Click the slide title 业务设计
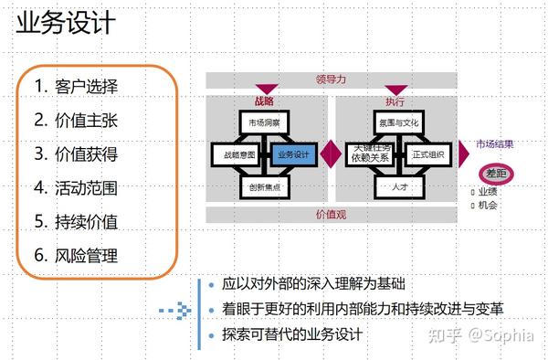[x=66, y=23]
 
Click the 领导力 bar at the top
[x=330, y=79]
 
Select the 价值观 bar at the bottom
[x=330, y=215]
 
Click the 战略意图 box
[x=237, y=154]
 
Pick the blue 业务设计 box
[x=293, y=154]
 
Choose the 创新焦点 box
[x=265, y=186]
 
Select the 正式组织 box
[x=427, y=154]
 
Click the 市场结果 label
[x=494, y=143]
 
